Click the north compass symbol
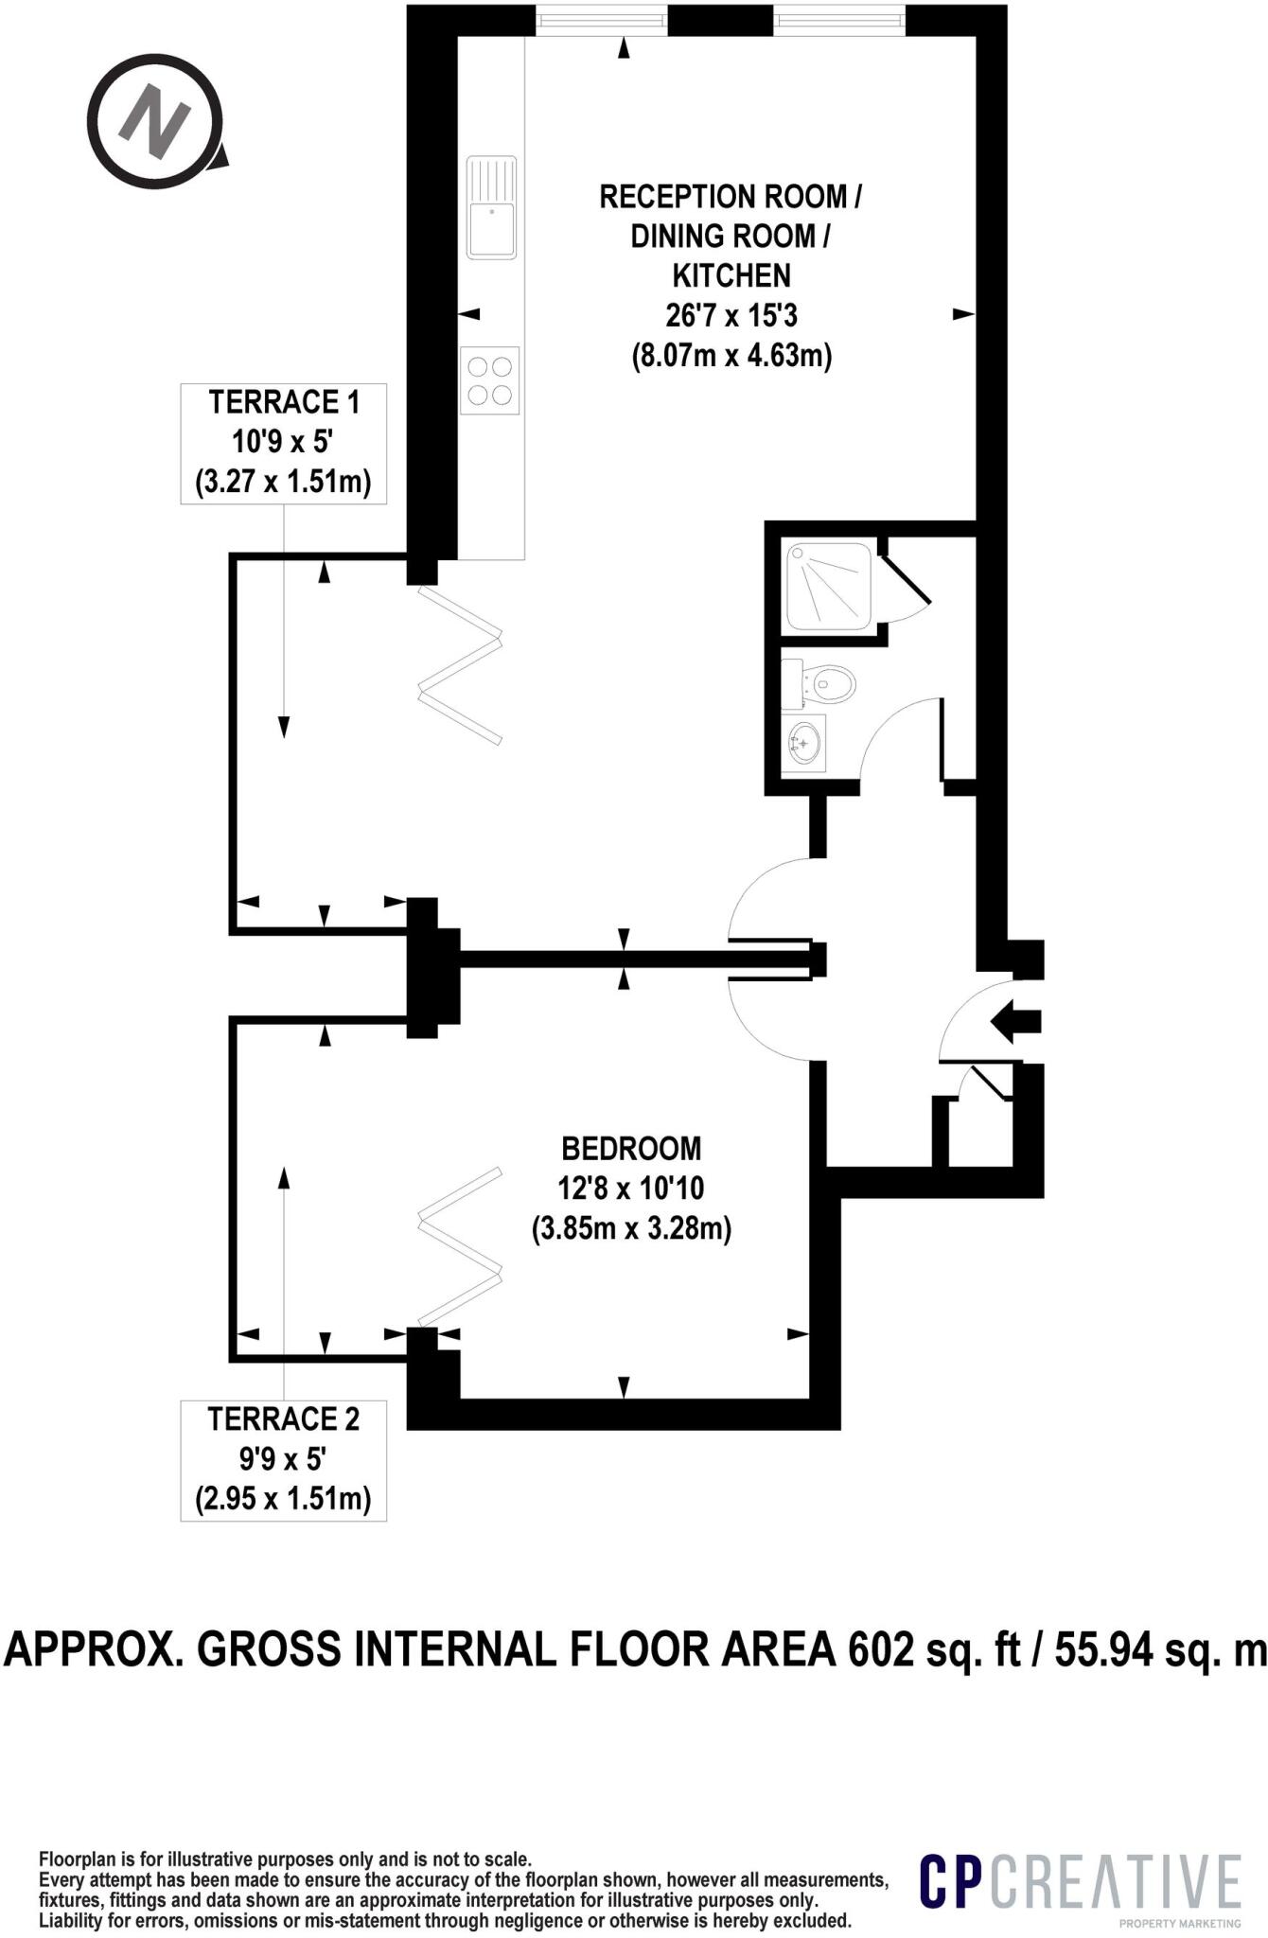point(156,121)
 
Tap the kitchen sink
point(491,207)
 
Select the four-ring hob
point(490,380)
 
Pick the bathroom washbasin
point(804,743)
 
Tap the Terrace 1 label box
point(284,443)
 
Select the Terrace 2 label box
point(284,1459)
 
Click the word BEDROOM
point(631,1148)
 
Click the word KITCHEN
point(731,275)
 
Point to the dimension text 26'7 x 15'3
point(731,315)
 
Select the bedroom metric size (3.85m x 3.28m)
point(631,1229)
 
